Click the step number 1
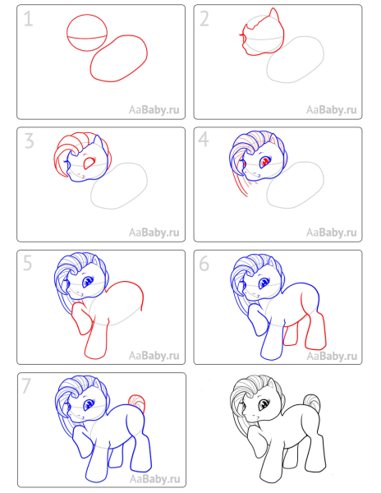(x=30, y=21)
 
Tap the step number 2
(x=206, y=21)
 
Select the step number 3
(x=30, y=142)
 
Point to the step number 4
(x=206, y=142)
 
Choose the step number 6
(x=206, y=265)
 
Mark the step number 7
(x=29, y=386)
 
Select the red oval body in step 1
(x=120, y=58)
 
